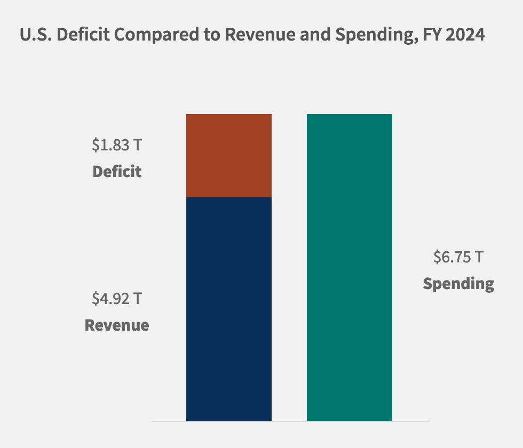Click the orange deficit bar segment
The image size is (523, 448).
point(228,156)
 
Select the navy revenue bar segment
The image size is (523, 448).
point(228,309)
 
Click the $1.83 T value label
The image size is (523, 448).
point(117,145)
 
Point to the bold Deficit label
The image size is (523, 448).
point(117,172)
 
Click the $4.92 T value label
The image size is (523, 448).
point(117,298)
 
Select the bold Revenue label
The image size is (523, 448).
point(117,325)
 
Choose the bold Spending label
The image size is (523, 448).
point(458,283)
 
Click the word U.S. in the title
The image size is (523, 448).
point(36,35)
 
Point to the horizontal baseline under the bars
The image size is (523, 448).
point(289,421)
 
